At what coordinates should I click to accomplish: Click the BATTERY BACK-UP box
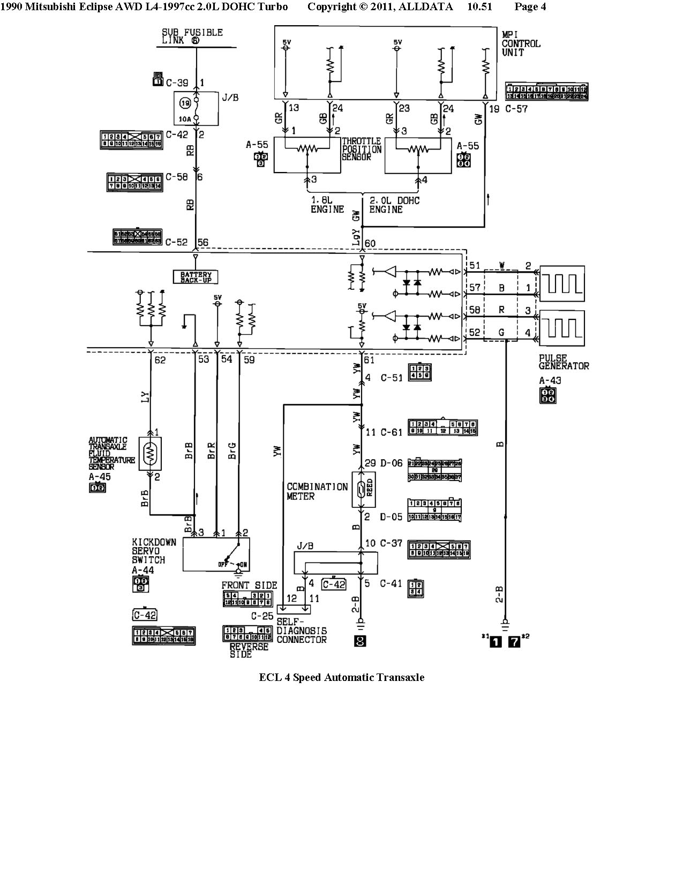(x=196, y=276)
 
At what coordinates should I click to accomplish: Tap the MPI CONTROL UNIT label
(x=521, y=43)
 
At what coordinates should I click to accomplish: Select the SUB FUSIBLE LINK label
(x=192, y=36)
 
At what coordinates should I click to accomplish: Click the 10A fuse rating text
(x=185, y=118)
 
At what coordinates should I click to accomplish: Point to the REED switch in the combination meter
(x=363, y=490)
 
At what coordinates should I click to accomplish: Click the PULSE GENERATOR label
(x=564, y=362)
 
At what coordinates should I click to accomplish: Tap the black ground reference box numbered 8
(x=360, y=640)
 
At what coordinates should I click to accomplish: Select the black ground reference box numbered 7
(x=514, y=641)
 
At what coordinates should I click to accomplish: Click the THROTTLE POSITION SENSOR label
(x=362, y=149)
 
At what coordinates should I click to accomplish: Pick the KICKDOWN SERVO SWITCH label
(x=154, y=551)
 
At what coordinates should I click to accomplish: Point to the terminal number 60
(x=370, y=244)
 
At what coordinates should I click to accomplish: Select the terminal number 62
(x=160, y=359)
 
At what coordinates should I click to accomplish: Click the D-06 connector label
(x=391, y=462)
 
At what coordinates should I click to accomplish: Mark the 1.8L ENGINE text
(x=327, y=205)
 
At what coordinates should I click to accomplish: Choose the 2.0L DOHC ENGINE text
(x=394, y=205)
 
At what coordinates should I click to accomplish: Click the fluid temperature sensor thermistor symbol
(x=150, y=454)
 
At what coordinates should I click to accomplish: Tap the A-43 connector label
(x=550, y=381)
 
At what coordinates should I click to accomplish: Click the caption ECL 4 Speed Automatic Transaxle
(x=341, y=677)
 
